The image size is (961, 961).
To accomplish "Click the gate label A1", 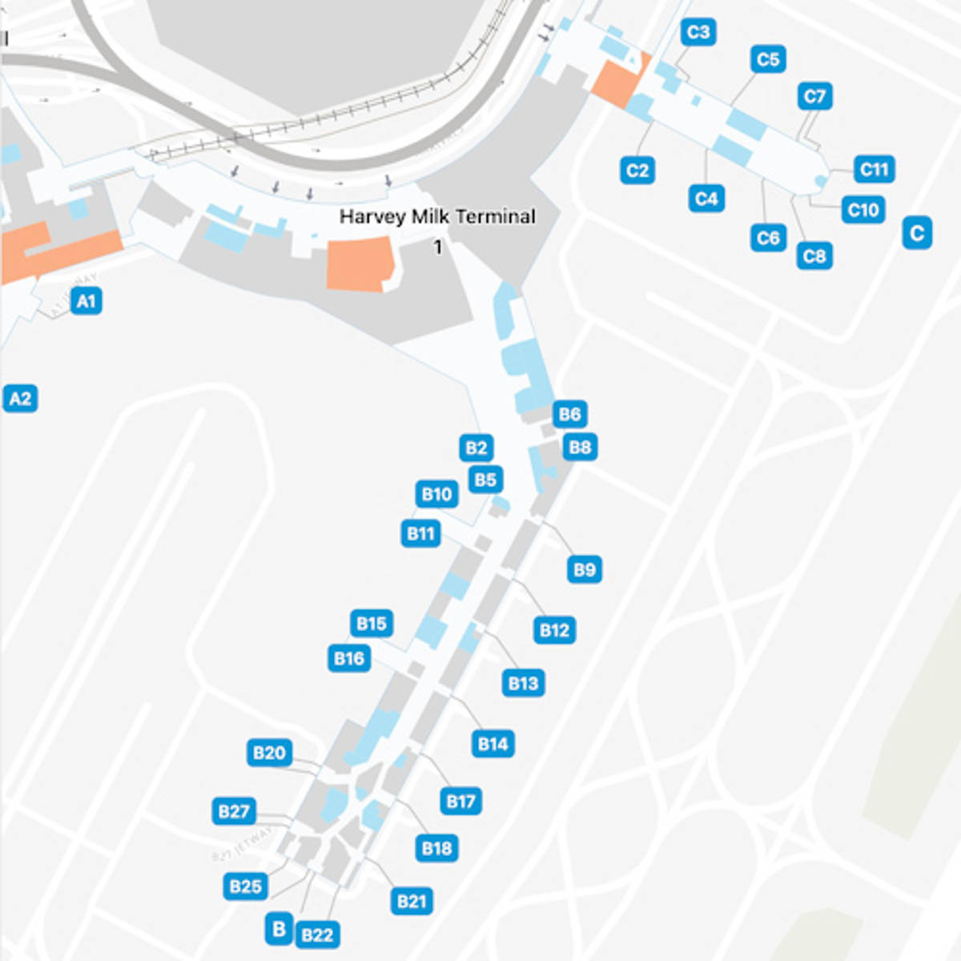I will pyautogui.click(x=86, y=301).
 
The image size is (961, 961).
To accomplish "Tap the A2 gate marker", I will pyautogui.click(x=20, y=398).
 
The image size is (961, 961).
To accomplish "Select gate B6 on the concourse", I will pyautogui.click(x=569, y=414).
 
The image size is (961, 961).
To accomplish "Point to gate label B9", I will pyautogui.click(x=585, y=569).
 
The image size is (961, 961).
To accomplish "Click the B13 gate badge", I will pyautogui.click(x=523, y=683).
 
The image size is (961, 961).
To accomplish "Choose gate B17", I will pyautogui.click(x=460, y=801).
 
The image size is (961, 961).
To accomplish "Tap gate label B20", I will pyautogui.click(x=269, y=753).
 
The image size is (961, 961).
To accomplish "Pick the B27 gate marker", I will pyautogui.click(x=234, y=811).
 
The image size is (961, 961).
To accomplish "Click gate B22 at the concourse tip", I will pyautogui.click(x=317, y=935).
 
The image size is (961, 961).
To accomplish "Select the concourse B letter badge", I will pyautogui.click(x=279, y=929).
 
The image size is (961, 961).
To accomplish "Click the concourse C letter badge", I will pyautogui.click(x=917, y=233).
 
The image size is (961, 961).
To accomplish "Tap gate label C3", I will pyautogui.click(x=698, y=32).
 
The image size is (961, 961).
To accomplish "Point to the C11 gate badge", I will pyautogui.click(x=874, y=169).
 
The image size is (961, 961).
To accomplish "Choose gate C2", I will pyautogui.click(x=637, y=170).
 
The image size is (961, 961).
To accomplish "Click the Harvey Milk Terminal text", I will pyautogui.click(x=437, y=216).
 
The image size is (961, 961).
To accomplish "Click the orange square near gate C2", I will pyautogui.click(x=617, y=82).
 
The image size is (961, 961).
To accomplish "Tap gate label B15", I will pyautogui.click(x=372, y=623).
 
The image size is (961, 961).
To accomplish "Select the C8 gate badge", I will pyautogui.click(x=814, y=255).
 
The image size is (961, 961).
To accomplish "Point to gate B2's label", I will pyautogui.click(x=476, y=448).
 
